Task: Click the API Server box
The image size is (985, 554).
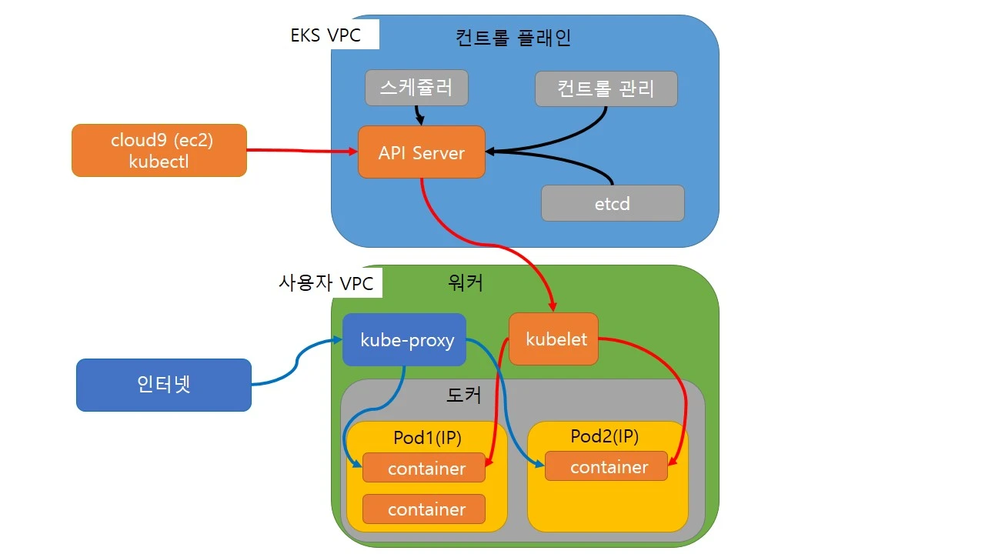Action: [422, 152]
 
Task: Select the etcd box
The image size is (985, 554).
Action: [613, 203]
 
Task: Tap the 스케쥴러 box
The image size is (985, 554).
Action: [416, 88]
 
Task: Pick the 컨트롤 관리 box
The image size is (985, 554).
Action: [606, 88]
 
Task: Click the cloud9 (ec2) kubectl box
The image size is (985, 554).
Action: [159, 150]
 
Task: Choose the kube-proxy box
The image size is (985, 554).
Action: [404, 339]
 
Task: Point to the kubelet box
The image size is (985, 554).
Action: [553, 339]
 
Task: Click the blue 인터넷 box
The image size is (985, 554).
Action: [163, 384]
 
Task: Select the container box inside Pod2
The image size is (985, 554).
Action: [606, 466]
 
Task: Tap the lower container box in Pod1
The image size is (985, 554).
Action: [424, 509]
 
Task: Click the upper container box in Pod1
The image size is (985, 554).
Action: [424, 468]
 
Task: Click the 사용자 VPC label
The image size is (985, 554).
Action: [326, 283]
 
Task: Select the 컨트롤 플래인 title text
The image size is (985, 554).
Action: [513, 37]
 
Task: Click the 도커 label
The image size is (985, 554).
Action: [464, 395]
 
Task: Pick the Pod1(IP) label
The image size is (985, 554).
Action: [427, 438]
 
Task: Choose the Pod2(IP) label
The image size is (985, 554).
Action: [605, 436]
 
